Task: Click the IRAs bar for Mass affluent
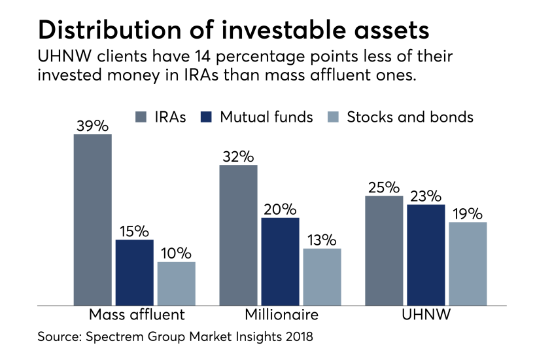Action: [92, 219]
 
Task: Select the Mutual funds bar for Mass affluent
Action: [135, 272]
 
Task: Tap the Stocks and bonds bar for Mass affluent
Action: [176, 283]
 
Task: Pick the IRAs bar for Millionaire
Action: [238, 234]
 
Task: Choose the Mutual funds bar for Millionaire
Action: [281, 261]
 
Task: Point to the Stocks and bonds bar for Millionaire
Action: [322, 276]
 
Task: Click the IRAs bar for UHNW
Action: [384, 250]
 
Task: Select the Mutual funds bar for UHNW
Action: [426, 254]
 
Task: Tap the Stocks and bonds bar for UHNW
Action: [468, 263]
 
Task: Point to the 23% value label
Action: [426, 196]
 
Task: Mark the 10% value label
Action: [176, 253]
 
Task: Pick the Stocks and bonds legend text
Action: [410, 117]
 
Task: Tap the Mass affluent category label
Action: [136, 315]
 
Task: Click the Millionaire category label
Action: [281, 315]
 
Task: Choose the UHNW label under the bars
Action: [426, 315]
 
